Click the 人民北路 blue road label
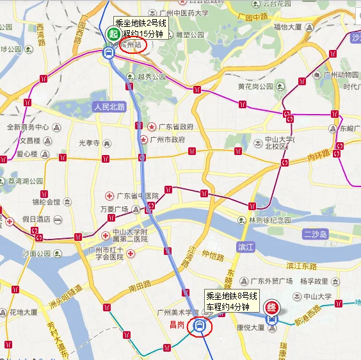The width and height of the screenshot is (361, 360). point(109,106)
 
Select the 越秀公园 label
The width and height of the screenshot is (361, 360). point(152,76)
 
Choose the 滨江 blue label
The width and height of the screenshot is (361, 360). point(246,247)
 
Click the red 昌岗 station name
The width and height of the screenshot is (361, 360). point(177,325)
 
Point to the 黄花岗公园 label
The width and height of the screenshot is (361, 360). point(255,86)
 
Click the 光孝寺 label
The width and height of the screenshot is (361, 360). point(89,142)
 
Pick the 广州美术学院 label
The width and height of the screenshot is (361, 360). point(180,312)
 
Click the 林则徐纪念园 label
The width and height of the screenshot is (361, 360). point(270,220)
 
